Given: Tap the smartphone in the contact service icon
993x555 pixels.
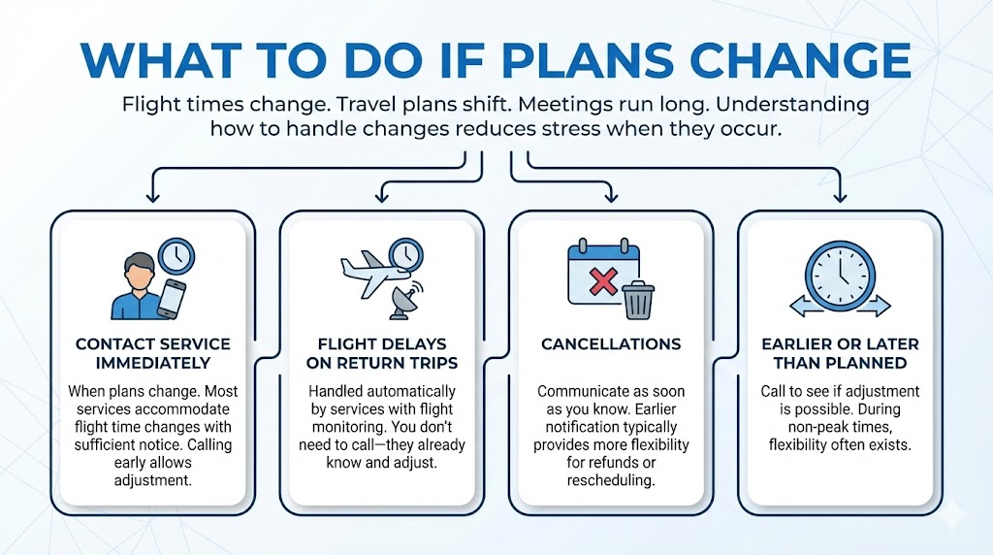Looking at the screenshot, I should click(x=170, y=298).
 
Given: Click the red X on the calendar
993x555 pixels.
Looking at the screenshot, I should click(x=603, y=282).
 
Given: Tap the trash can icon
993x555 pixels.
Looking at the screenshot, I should click(x=638, y=300).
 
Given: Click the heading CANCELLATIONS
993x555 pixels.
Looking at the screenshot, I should click(x=610, y=344).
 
